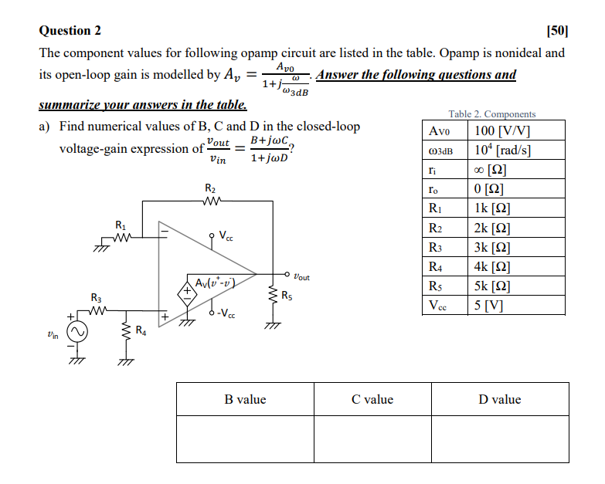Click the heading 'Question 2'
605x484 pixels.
pyautogui.click(x=70, y=31)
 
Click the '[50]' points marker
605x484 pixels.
pyautogui.click(x=556, y=31)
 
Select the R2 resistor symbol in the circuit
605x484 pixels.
pyautogui.click(x=210, y=203)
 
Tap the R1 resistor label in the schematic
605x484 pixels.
pyautogui.click(x=120, y=225)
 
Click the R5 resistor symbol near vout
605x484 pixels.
pyautogui.click(x=272, y=296)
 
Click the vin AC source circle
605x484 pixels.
pyautogui.click(x=80, y=333)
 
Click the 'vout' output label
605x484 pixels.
pyautogui.click(x=301, y=276)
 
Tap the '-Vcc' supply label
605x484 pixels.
pyautogui.click(x=226, y=313)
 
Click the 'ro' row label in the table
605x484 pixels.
pyautogui.click(x=433, y=189)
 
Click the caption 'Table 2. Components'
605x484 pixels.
pyautogui.click(x=491, y=113)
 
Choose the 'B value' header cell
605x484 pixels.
pyautogui.click(x=245, y=399)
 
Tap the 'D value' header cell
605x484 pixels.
pyautogui.click(x=500, y=399)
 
